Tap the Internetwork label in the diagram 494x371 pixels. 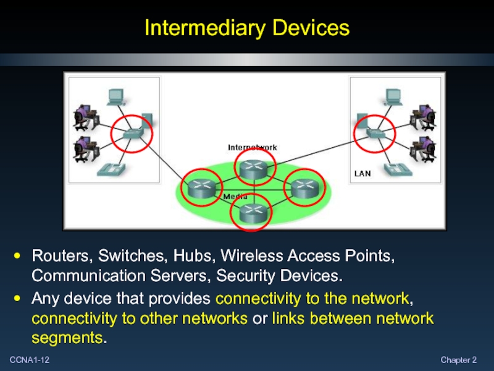(x=253, y=147)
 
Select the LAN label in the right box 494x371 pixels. (x=362, y=174)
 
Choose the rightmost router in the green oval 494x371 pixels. (x=303, y=187)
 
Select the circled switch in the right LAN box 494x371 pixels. (x=374, y=132)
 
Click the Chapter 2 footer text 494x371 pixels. (x=459, y=360)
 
